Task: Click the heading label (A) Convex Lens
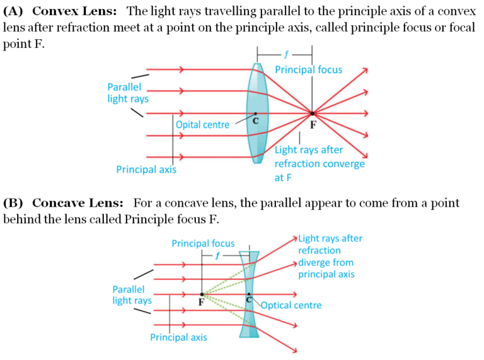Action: point(59,11)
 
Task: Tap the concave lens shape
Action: point(250,294)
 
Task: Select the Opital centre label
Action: point(202,125)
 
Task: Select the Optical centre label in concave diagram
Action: point(291,305)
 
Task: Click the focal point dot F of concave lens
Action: point(202,294)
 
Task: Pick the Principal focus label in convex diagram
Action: point(308,69)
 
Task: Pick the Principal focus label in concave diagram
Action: point(203,243)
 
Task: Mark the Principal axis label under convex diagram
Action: point(146,170)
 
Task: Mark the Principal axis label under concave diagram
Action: point(178,337)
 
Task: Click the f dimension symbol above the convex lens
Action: point(285,54)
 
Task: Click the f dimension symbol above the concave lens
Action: point(218,256)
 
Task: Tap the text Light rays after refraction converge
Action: point(320,157)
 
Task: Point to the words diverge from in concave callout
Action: point(326,262)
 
